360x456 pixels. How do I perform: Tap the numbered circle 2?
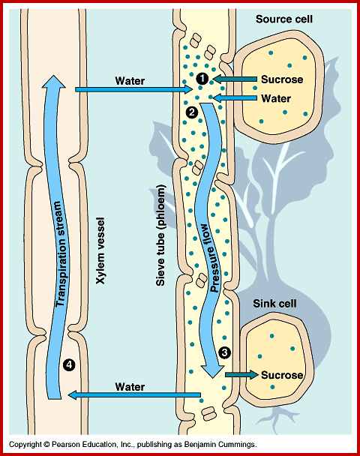click(191, 112)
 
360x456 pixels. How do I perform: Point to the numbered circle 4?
click(70, 364)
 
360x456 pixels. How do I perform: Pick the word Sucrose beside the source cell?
click(280, 79)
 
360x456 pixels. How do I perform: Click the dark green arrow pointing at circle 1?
click(235, 78)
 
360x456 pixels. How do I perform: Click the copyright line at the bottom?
click(133, 445)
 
